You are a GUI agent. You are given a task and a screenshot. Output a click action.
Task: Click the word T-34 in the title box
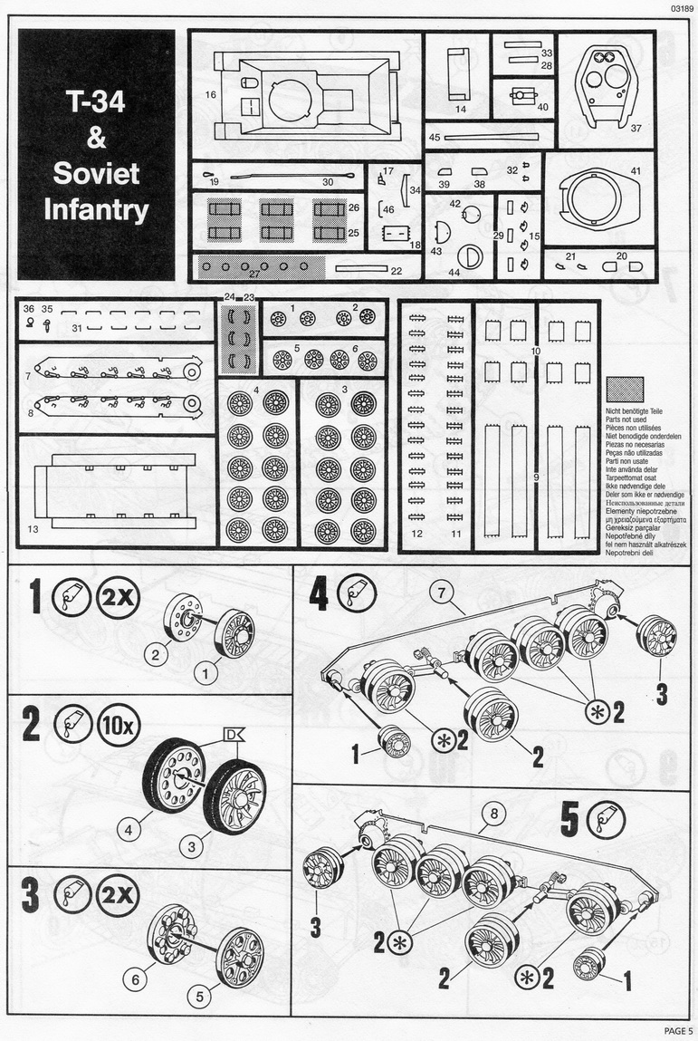tap(95, 101)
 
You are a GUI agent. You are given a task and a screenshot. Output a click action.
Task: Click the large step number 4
tap(319, 593)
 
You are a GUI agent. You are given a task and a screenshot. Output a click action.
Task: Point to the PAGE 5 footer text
tap(678, 1030)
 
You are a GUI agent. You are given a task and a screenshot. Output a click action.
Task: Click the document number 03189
tap(683, 8)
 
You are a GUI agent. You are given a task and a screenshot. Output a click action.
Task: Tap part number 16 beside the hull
tap(210, 94)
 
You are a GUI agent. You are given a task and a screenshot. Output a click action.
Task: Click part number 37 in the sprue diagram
tap(636, 128)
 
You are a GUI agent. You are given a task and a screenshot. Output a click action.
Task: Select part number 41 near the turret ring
tap(636, 170)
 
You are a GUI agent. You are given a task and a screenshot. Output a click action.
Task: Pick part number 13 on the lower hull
tap(33, 528)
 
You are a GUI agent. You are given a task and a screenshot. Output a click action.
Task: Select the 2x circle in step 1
tap(117, 599)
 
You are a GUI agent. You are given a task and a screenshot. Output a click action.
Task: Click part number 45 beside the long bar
tap(435, 137)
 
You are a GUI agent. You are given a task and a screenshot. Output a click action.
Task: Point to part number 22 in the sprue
tap(396, 270)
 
